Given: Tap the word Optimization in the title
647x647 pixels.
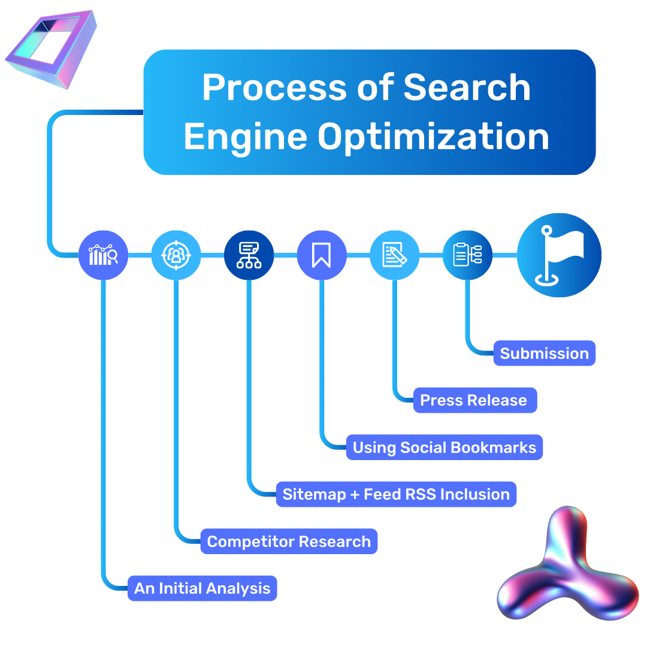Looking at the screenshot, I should click(x=434, y=137).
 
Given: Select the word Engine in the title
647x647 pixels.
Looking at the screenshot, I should click(x=246, y=137).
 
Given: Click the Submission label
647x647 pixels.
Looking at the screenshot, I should click(x=544, y=353).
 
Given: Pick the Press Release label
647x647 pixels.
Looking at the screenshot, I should click(x=474, y=400).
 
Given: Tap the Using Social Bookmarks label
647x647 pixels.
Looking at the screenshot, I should click(x=444, y=448).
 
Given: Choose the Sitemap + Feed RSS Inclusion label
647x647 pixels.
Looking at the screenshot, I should click(x=395, y=494).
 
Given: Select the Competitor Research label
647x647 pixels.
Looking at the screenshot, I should click(x=289, y=542).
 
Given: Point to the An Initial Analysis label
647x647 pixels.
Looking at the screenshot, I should click(x=202, y=588).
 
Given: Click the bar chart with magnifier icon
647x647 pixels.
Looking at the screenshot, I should click(x=104, y=256).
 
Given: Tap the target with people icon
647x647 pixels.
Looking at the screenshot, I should click(x=176, y=256).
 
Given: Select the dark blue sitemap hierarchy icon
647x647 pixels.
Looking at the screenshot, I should click(x=249, y=256).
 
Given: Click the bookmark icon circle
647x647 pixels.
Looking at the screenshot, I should click(x=322, y=256).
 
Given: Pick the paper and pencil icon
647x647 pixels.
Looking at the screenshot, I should click(x=395, y=256).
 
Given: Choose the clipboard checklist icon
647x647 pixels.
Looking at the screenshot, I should click(x=467, y=255).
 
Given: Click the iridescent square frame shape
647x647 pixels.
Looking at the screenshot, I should click(x=52, y=49).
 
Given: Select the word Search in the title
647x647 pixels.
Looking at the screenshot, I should click(x=467, y=88).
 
